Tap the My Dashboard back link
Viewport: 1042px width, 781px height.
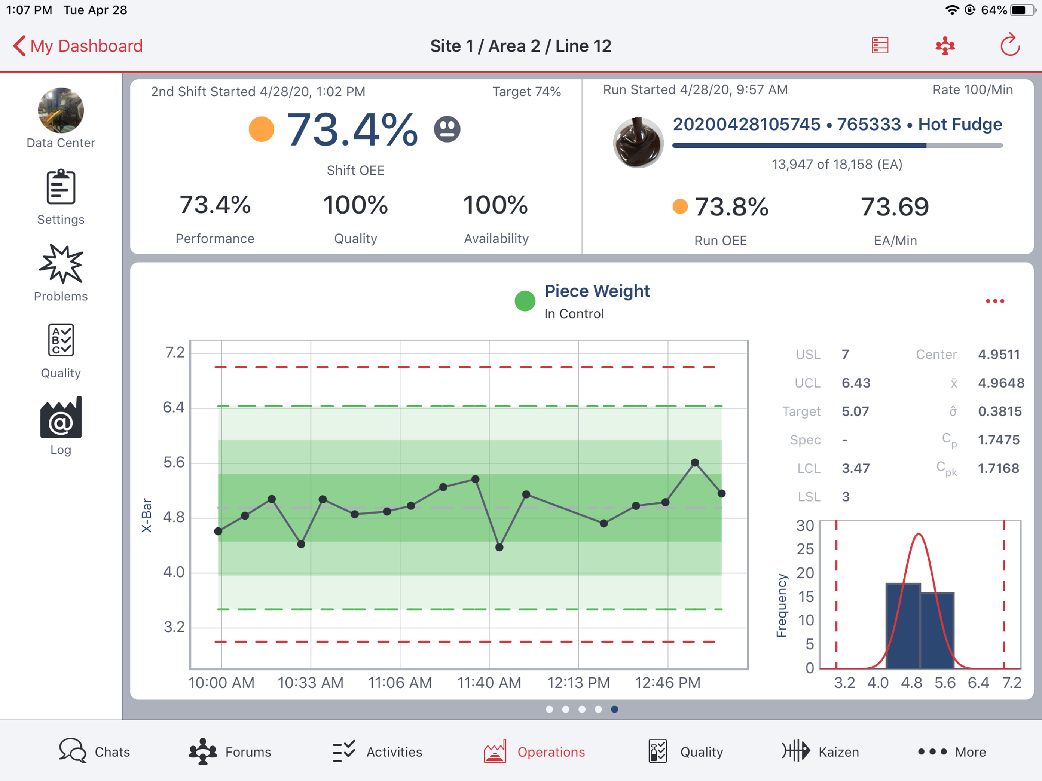click(x=78, y=46)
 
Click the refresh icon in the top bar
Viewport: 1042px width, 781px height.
click(x=1009, y=46)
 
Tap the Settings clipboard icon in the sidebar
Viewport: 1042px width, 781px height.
click(x=61, y=187)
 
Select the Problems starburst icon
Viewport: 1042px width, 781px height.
click(x=61, y=264)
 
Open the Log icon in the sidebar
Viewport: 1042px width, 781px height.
click(x=61, y=418)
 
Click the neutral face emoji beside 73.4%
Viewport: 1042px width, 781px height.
click(x=447, y=129)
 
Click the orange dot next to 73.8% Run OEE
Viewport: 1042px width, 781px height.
click(x=680, y=206)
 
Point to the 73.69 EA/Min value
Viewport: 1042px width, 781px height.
click(x=894, y=207)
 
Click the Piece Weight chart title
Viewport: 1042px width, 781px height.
click(x=597, y=291)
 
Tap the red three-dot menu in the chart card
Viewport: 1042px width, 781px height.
click(x=994, y=301)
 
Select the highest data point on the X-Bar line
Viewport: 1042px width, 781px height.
click(x=695, y=463)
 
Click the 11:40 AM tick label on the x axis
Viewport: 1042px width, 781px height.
click(x=489, y=683)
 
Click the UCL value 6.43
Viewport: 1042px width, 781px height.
click(x=855, y=383)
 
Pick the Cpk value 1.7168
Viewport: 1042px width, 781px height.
click(x=998, y=468)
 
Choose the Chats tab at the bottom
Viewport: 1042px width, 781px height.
click(x=94, y=751)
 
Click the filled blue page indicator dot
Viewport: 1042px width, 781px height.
click(x=614, y=710)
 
